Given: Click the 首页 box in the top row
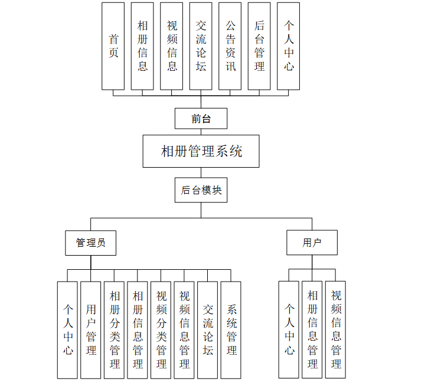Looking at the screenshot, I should point(113,46).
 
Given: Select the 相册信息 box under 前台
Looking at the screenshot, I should point(142,46).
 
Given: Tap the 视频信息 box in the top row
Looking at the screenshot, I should point(172,46).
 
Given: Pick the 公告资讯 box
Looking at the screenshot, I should point(230,46).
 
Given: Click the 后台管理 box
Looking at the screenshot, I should point(259,46).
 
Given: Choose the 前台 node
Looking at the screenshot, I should point(201,118).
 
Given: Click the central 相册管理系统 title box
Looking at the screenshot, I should point(201,151).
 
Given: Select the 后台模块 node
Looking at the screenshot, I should point(201,190).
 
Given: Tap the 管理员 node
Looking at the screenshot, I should point(90,242).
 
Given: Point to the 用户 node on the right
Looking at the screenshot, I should point(312,242).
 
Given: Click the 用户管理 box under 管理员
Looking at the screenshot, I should point(91,329).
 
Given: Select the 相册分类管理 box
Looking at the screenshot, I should point(114,329).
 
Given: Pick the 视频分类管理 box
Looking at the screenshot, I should point(161,329).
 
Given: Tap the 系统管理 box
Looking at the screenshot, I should point(231,329).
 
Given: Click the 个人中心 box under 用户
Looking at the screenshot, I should point(289,329).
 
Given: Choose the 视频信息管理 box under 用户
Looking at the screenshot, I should point(335,329).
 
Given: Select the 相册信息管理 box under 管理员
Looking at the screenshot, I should point(138,329).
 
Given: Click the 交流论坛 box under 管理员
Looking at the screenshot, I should point(208,329).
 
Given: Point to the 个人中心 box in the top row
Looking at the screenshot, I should point(288,46).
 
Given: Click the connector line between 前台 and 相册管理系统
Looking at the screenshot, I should point(201,132).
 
